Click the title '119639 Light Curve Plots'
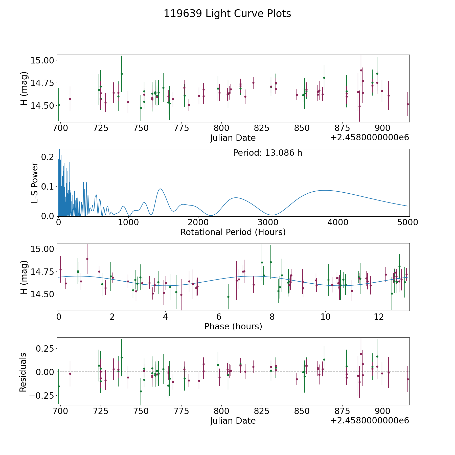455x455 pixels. (227, 14)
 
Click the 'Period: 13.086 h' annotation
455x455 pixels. (267, 153)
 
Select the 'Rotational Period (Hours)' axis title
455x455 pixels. (233, 232)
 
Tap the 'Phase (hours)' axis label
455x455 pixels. (233, 326)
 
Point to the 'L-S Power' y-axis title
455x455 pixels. (35, 183)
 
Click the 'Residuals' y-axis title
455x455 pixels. (23, 372)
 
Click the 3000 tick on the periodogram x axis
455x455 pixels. (268, 222)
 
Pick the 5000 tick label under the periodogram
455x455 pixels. (407, 222)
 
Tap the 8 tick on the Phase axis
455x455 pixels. (272, 317)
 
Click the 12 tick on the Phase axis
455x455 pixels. (379, 317)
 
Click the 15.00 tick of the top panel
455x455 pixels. (42, 60)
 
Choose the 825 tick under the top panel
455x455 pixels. (262, 128)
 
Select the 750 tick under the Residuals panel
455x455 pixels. (141, 411)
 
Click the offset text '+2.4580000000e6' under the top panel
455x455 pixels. (370, 138)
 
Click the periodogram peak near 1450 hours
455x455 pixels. (160, 189)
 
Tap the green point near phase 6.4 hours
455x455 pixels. (228, 297)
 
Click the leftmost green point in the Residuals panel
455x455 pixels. (59, 386)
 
